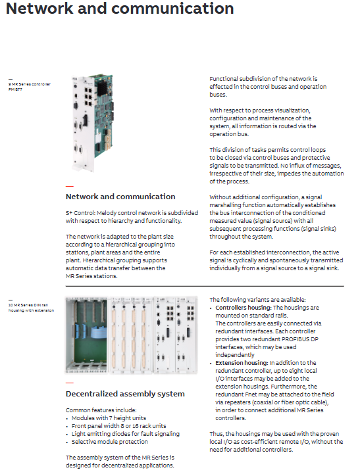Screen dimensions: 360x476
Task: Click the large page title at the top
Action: pyautogui.click(x=120, y=9)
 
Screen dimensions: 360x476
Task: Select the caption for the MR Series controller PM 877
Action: pyautogui.click(x=30, y=87)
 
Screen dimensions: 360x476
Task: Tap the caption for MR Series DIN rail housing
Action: pyautogui.click(x=31, y=308)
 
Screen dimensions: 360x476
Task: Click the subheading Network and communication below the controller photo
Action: pyautogui.click(x=120, y=197)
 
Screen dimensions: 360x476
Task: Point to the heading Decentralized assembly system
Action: pyautogui.click(x=125, y=394)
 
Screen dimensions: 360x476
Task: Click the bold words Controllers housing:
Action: pyautogui.click(x=244, y=308)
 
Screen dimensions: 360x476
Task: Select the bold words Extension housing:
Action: pyautogui.click(x=242, y=363)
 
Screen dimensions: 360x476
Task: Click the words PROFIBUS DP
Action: pyautogui.click(x=300, y=339)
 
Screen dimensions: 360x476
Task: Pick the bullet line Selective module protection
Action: pyautogui.click(x=110, y=442)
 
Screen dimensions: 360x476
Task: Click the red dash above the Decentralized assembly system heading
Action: pyautogui.click(x=70, y=383)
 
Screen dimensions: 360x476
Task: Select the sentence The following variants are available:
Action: pyautogui.click(x=257, y=300)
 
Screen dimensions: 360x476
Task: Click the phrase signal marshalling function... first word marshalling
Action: pyautogui.click(x=226, y=205)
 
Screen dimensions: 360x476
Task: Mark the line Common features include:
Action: pyautogui.click(x=101, y=410)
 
